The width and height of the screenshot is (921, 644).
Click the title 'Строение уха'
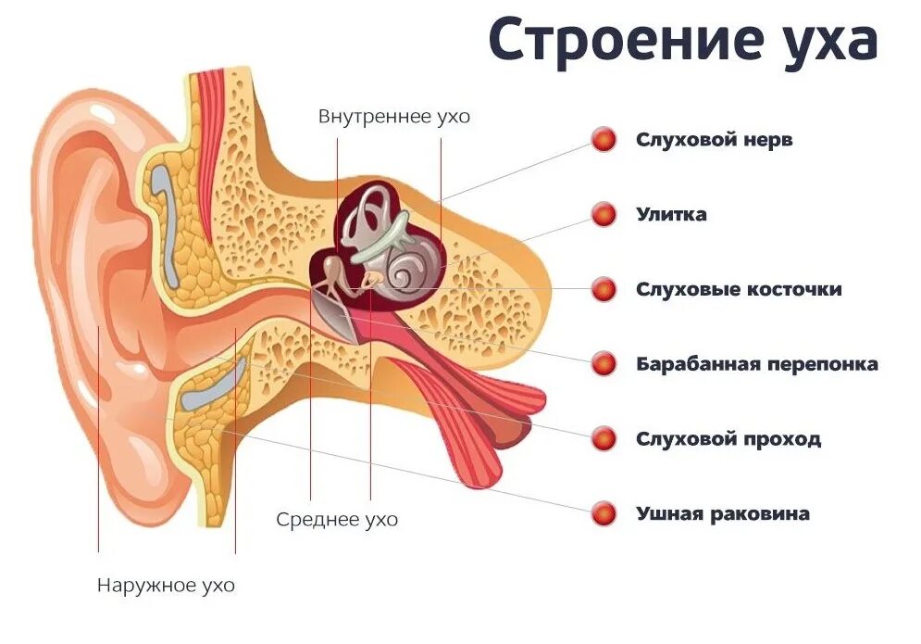(682, 41)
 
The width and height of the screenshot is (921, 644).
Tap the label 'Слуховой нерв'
(714, 140)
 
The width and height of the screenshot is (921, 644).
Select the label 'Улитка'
(671, 215)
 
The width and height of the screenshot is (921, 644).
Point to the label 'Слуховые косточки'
(739, 289)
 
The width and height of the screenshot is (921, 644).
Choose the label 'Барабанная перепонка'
(756, 364)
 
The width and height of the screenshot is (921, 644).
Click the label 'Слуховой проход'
(728, 438)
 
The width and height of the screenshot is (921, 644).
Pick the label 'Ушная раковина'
(722, 513)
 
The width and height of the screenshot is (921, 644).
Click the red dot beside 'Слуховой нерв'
(604, 140)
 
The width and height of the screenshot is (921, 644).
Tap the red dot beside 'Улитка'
(604, 215)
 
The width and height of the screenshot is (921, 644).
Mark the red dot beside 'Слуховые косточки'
(604, 289)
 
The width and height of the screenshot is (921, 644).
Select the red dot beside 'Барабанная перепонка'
(604, 364)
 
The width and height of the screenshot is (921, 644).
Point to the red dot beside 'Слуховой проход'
(604, 438)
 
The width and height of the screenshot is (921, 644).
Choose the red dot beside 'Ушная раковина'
(604, 513)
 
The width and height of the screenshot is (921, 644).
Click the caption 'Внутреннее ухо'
(394, 117)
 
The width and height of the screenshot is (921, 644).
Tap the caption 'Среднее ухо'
(337, 520)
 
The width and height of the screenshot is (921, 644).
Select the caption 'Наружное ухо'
(166, 586)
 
